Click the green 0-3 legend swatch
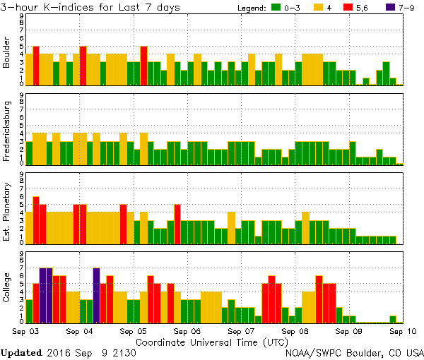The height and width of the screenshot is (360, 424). pyautogui.click(x=276, y=8)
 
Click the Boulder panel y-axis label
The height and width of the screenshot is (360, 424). pyautogui.click(x=7, y=54)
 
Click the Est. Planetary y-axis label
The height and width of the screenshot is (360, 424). pyautogui.click(x=7, y=211)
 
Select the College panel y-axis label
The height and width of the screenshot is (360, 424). pyautogui.click(x=7, y=290)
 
